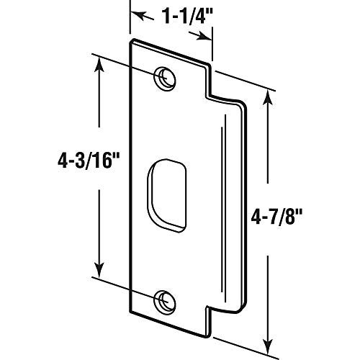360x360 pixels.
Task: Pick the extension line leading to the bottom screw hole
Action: [126, 284]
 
